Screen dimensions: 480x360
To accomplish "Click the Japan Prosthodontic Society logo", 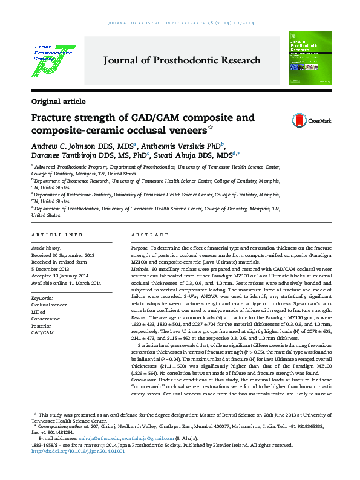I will [x=51, y=59].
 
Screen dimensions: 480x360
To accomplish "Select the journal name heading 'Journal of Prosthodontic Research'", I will [x=182, y=60].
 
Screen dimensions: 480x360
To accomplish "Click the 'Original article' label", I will [x=58, y=101].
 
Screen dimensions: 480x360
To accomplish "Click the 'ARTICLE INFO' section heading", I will [x=57, y=235].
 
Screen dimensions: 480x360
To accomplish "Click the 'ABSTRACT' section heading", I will [x=149, y=235].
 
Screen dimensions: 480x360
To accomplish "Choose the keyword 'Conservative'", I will [x=45, y=319].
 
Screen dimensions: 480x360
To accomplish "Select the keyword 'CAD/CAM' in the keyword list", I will [x=42, y=332].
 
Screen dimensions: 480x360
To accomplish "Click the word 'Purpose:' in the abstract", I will [x=140, y=248].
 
